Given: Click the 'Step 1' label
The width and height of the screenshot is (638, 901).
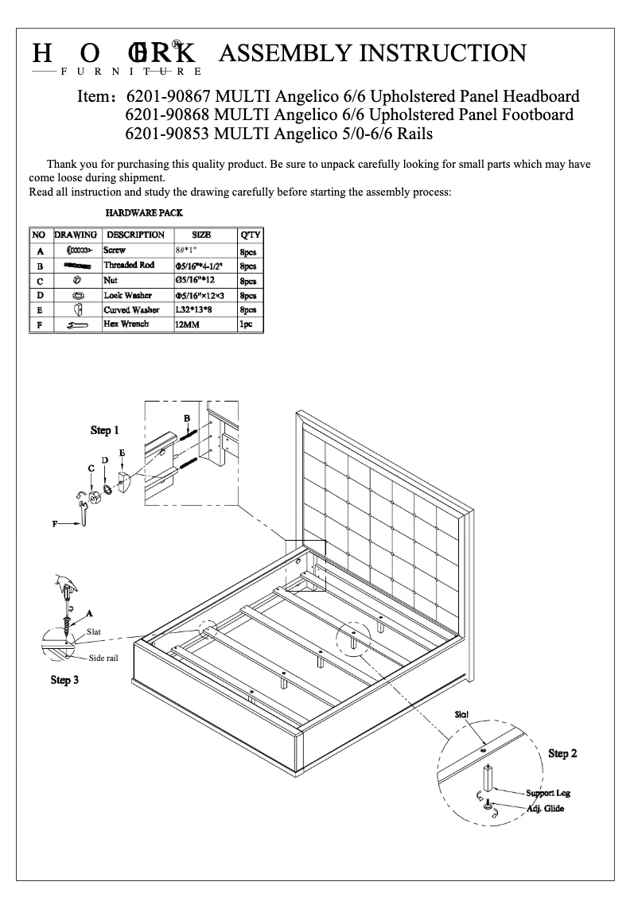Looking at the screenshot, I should [x=104, y=430].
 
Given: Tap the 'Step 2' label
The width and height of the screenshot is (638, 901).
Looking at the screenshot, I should [x=562, y=753].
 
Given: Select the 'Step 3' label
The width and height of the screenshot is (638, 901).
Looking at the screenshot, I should [x=64, y=680].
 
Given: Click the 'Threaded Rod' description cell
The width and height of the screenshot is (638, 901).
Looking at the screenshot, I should [x=129, y=266].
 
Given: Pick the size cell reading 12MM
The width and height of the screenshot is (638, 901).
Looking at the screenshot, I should [x=187, y=325].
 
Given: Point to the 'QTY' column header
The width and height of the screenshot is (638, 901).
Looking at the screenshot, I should [x=250, y=235].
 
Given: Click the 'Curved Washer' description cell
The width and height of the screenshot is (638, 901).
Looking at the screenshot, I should [x=131, y=310].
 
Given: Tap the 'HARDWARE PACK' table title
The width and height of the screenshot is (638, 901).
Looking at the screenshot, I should [x=144, y=213].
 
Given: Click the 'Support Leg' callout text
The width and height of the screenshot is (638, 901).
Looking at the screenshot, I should [x=548, y=794].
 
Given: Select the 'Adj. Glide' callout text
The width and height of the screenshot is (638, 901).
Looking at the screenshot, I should [x=546, y=810].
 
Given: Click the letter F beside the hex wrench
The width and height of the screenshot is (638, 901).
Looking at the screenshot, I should [x=55, y=524].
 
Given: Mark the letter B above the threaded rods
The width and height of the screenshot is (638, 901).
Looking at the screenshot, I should [x=187, y=417].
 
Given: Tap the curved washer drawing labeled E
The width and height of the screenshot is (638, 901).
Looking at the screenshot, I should [x=124, y=482].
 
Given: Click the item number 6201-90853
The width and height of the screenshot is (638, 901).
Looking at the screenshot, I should [x=167, y=134].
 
